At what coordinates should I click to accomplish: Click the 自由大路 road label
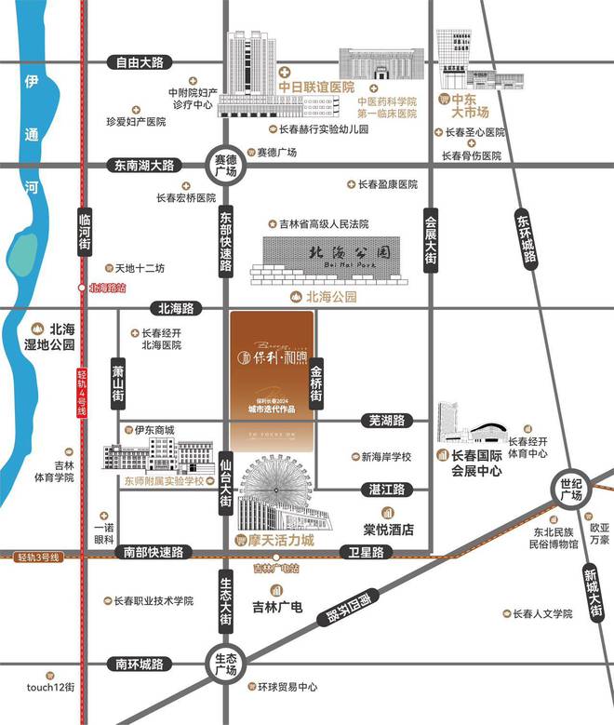coord(139,63)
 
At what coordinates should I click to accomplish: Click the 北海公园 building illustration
coord(333,260)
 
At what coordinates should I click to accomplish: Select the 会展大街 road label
coord(430,240)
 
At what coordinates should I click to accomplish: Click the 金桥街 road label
coord(316,382)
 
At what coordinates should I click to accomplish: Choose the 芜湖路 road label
coord(384,421)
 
